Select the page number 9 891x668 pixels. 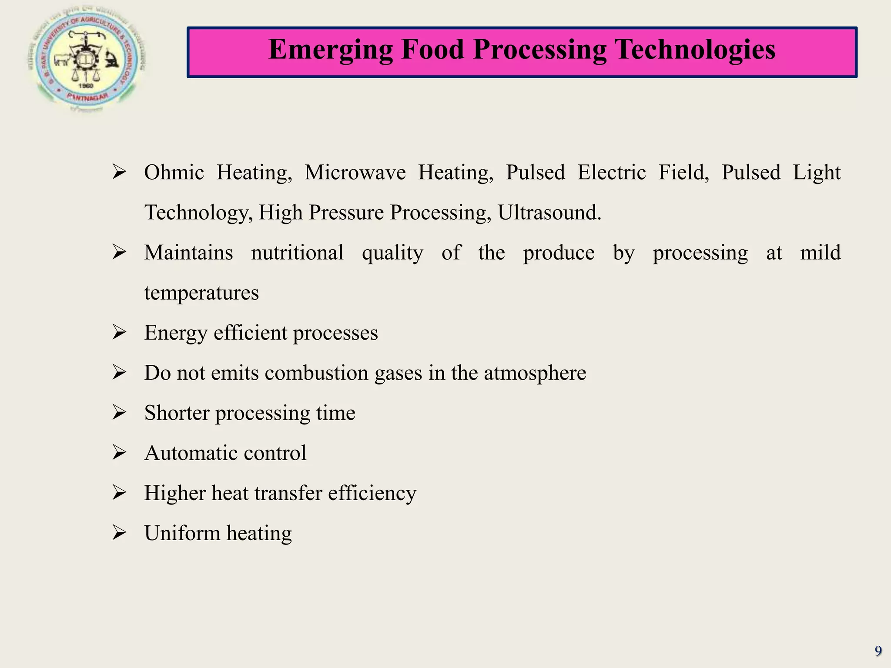[x=878, y=651]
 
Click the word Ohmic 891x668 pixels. [x=174, y=173]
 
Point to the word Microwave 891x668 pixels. [x=355, y=173]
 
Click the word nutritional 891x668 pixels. [x=297, y=253]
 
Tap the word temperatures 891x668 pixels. [x=201, y=293]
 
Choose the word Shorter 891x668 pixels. [x=177, y=413]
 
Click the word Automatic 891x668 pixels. [x=185, y=453]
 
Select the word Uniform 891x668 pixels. [x=182, y=533]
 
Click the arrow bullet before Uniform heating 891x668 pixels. [x=119, y=533]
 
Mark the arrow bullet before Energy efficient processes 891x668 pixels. [x=119, y=332]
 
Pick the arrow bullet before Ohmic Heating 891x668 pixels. [x=119, y=172]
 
